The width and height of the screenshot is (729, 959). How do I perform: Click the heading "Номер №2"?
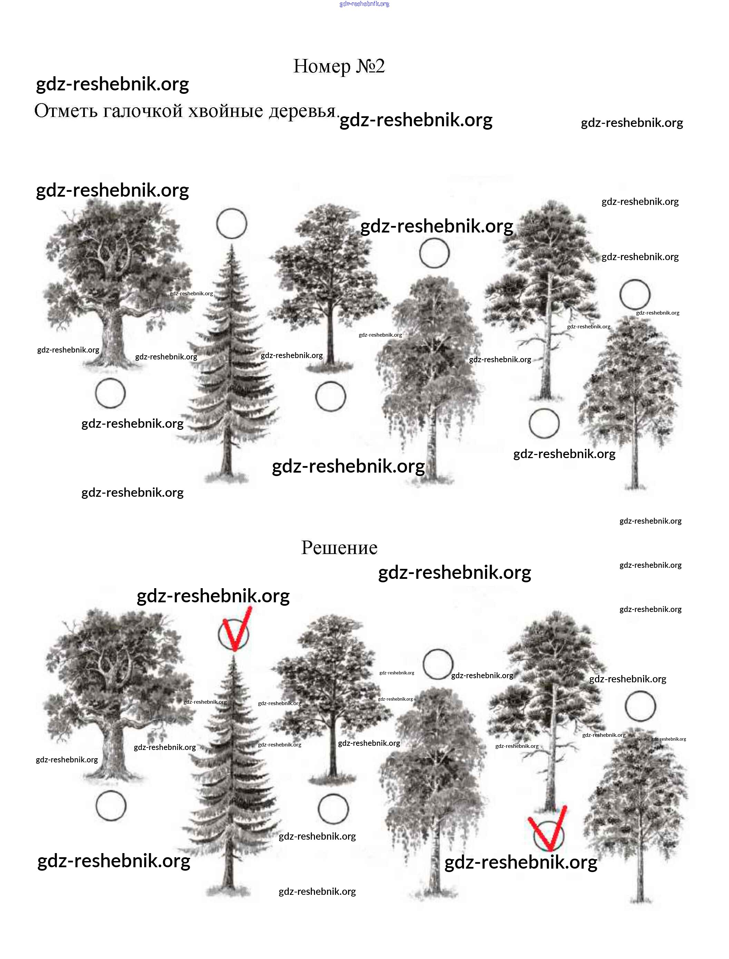[x=339, y=66]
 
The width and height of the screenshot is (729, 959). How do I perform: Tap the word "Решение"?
[x=339, y=547]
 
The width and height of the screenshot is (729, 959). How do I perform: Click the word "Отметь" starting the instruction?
[x=65, y=111]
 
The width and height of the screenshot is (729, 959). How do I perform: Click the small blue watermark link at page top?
[x=364, y=4]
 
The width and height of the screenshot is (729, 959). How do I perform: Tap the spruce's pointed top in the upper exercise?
[x=232, y=246]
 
